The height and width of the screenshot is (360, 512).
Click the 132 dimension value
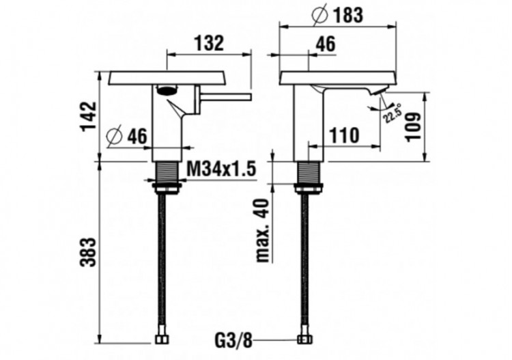[x=209, y=42]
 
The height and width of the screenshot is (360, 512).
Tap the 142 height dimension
[x=89, y=117]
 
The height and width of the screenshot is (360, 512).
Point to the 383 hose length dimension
[x=89, y=252]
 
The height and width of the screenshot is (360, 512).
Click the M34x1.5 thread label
[x=221, y=169]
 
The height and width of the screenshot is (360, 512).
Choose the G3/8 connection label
[x=233, y=341]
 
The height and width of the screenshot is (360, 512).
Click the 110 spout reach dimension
[x=344, y=135]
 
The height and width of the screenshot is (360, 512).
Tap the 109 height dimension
[x=414, y=127]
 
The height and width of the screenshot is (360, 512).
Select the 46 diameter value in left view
[x=137, y=136]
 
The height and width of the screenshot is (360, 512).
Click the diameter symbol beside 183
[x=319, y=15]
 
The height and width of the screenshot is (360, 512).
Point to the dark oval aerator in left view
[x=167, y=89]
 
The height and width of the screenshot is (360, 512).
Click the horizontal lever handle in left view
[x=226, y=96]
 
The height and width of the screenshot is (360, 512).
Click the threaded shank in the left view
[x=167, y=173]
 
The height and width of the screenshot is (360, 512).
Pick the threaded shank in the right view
[x=309, y=173]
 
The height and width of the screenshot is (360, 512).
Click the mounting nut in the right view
[x=309, y=189]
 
